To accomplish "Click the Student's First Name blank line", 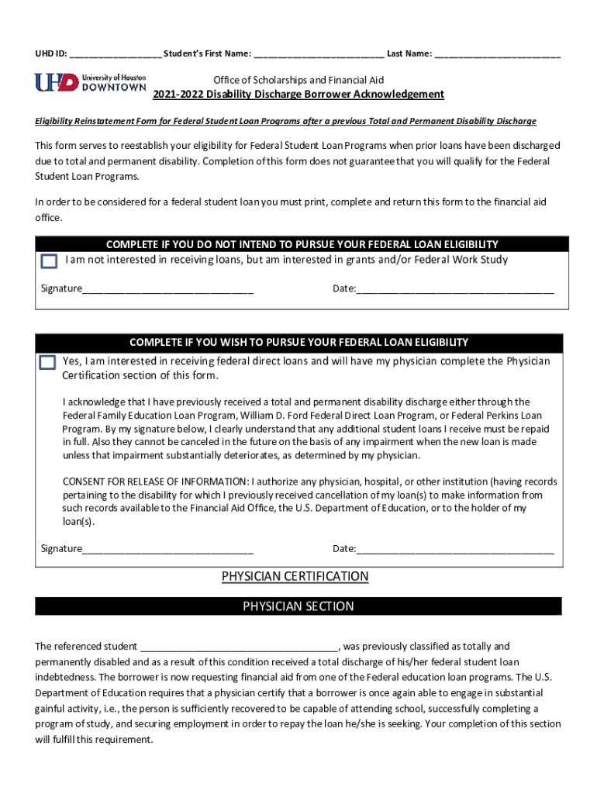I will (318, 54).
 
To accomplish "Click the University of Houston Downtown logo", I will (90, 82).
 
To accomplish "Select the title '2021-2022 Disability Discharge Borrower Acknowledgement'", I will (298, 95).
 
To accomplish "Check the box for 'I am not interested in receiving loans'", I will (49, 261).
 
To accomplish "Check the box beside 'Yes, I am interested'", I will (48, 362).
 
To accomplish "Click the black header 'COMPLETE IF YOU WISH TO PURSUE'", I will (298, 342).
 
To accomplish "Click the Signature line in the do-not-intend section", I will (167, 290).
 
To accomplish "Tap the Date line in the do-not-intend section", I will (455, 290).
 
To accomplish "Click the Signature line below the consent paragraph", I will (167, 550).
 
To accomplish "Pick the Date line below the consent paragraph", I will (455, 550).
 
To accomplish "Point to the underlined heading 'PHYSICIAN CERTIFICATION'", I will (295, 577).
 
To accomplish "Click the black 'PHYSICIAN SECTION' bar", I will (298, 606).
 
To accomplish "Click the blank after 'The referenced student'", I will (239, 647).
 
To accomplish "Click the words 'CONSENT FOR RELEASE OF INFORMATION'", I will (155, 482).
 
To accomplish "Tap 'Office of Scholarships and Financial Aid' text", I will (298, 81).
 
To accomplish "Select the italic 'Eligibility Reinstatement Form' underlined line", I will (285, 122).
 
